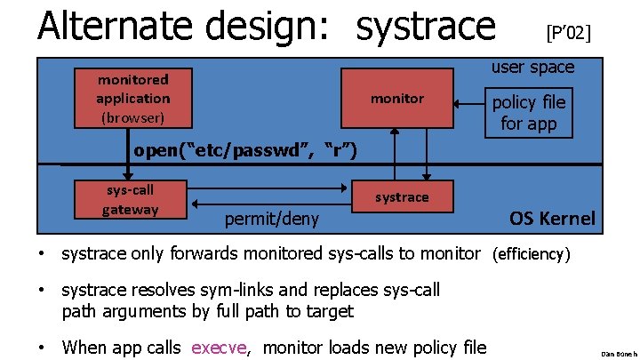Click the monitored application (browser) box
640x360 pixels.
pyautogui.click(x=133, y=98)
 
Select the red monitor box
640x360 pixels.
pyautogui.click(x=397, y=98)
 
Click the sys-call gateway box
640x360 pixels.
pyautogui.click(x=131, y=199)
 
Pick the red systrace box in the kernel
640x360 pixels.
pyautogui.click(x=401, y=197)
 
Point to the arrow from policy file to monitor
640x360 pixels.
pyautogui.click(x=465, y=104)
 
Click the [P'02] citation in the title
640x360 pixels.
pyautogui.click(x=568, y=33)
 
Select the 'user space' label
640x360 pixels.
pyautogui.click(x=532, y=67)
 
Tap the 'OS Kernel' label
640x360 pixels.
pyautogui.click(x=551, y=218)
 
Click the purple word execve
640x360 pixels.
pyautogui.click(x=219, y=347)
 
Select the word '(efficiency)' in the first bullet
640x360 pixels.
pyautogui.click(x=531, y=254)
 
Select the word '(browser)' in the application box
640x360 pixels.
pyautogui.click(x=133, y=116)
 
